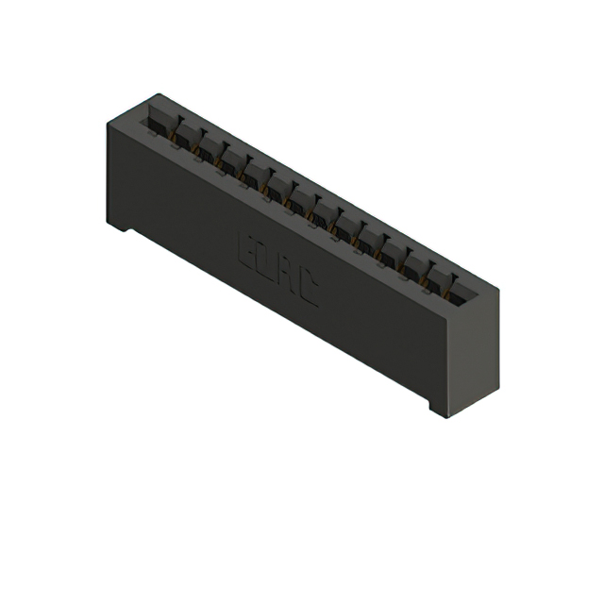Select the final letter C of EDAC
[x=309, y=294]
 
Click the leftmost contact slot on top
[x=155, y=122]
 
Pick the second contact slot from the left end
[x=178, y=133]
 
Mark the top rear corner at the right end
[x=497, y=287]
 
